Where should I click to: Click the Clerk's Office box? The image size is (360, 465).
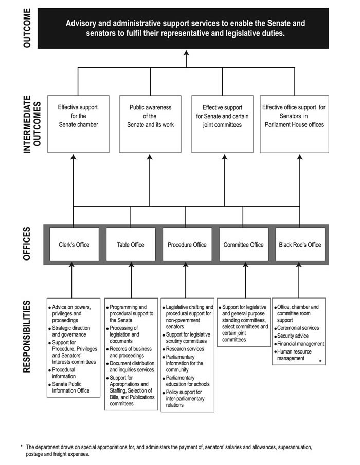[x=74, y=245]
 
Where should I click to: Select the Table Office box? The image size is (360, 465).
[x=130, y=245]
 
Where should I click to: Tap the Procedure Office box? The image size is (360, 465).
[x=187, y=245]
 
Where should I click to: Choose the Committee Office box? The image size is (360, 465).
[x=243, y=245]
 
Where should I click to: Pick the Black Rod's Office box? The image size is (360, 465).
[x=300, y=245]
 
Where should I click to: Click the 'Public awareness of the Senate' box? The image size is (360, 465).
[x=150, y=123]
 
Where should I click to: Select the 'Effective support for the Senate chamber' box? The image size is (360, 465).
[x=78, y=123]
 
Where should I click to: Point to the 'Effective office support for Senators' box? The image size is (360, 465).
[x=294, y=123]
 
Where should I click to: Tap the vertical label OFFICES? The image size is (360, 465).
[x=27, y=245]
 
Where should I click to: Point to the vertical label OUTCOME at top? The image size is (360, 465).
[x=27, y=28]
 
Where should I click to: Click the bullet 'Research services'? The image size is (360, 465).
[x=185, y=349]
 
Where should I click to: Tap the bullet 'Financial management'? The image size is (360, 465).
[x=300, y=344]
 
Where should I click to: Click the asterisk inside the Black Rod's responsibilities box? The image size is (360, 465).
[x=320, y=362]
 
